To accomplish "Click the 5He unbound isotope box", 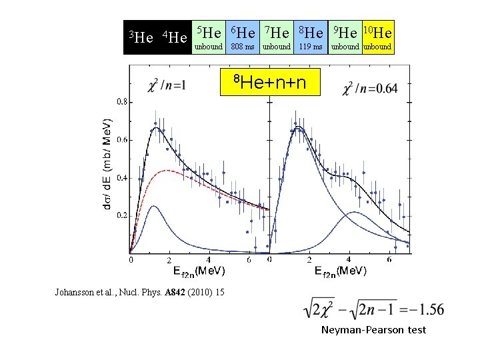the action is [209, 37].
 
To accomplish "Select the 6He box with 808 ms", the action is [243, 37].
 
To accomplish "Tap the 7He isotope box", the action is [277, 37].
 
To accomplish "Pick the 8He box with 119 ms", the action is [311, 37].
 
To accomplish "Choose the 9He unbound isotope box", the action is [345, 37].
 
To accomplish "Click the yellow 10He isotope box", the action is [378, 37].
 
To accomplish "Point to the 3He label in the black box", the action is [141, 37].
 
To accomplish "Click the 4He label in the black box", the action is [175, 37].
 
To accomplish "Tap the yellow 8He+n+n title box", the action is [270, 82].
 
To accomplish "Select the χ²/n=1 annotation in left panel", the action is [167, 85].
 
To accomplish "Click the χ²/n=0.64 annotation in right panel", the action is [370, 89].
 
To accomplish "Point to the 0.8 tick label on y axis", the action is [122, 102].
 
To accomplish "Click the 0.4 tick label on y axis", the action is [122, 178].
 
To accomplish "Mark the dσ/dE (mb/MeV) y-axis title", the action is [107, 165].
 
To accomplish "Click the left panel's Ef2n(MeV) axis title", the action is [199, 271].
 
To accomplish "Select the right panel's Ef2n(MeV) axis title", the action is [341, 271].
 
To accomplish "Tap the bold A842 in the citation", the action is [175, 292].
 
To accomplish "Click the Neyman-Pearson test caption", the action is [373, 330].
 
